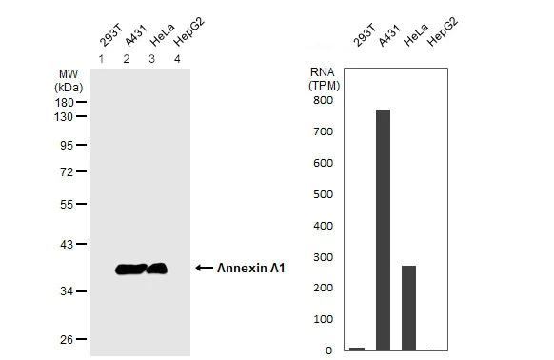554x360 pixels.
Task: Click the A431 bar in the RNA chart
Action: coord(384,230)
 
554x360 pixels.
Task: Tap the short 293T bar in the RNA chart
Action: coord(357,349)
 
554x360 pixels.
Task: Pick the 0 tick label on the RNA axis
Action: coord(328,350)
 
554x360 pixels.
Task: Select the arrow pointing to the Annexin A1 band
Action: coord(204,269)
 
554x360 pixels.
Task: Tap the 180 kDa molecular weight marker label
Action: coord(66,101)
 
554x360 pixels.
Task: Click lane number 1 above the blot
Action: coord(101,60)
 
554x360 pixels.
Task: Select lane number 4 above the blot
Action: coord(176,60)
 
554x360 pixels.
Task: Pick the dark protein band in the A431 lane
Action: coord(129,270)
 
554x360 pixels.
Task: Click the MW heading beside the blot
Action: coord(69,73)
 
